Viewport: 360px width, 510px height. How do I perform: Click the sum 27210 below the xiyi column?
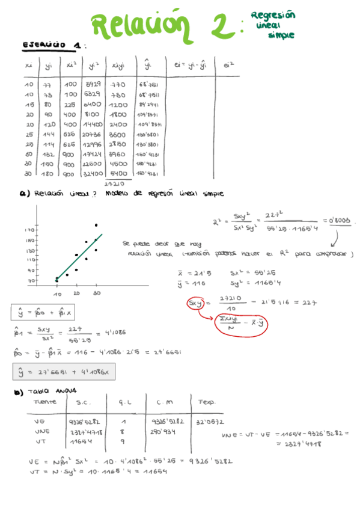114,183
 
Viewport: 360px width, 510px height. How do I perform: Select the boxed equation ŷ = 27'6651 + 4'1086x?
64,372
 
